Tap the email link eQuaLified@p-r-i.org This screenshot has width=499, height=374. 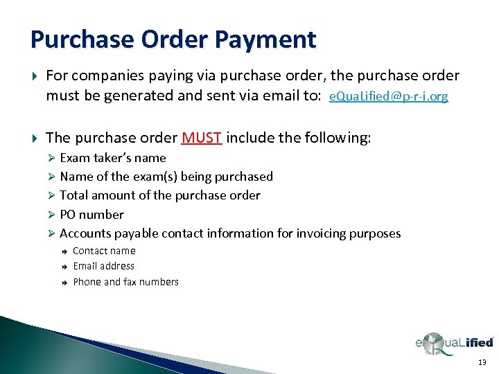pyautogui.click(x=388, y=97)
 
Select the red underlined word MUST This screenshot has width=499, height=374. pyautogui.click(x=202, y=138)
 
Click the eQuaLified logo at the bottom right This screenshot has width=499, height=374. pyautogui.click(x=454, y=343)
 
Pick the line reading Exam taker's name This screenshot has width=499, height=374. pyautogui.click(x=113, y=158)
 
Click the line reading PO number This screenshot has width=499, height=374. pyautogui.click(x=91, y=215)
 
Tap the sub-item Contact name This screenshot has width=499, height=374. pyautogui.click(x=104, y=251)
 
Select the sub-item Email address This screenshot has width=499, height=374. pyautogui.click(x=103, y=266)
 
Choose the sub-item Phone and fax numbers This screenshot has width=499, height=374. pyautogui.click(x=125, y=282)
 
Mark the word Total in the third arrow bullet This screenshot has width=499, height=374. pyautogui.click(x=74, y=195)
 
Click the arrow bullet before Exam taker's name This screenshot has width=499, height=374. pyautogui.click(x=52, y=158)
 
